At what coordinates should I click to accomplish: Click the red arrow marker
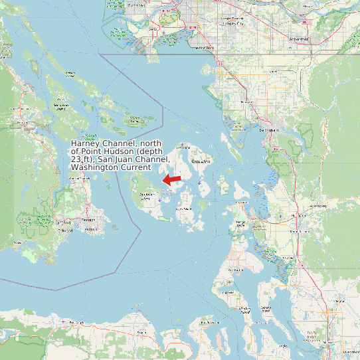173,179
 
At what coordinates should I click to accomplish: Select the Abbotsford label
299,39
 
